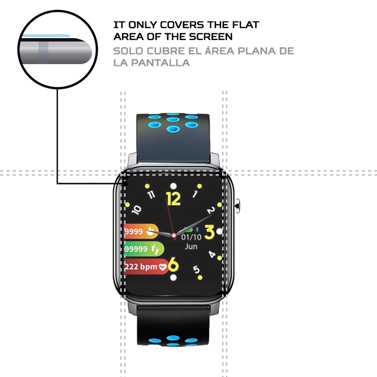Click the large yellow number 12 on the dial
click(173, 199)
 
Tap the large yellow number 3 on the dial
click(209, 232)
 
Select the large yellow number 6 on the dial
click(173, 266)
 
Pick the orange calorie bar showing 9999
click(141, 232)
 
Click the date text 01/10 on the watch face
click(191, 237)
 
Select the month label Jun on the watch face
click(191, 247)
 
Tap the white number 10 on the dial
click(137, 210)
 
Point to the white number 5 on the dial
click(196, 269)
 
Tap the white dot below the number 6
click(174, 278)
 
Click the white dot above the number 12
click(173, 186)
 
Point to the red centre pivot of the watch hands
click(174, 235)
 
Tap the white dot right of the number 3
click(219, 231)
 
